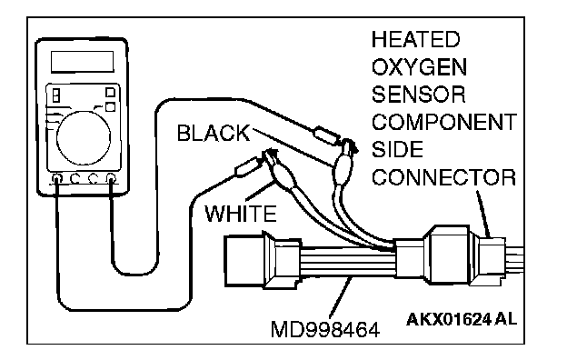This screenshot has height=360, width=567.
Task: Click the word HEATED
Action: click(x=416, y=39)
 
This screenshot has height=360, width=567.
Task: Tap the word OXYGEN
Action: click(x=420, y=67)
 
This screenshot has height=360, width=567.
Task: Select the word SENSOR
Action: click(x=419, y=95)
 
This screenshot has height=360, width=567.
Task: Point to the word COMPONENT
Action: click(x=444, y=122)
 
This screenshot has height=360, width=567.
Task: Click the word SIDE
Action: click(x=397, y=149)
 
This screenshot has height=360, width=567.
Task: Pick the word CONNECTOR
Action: click(x=444, y=177)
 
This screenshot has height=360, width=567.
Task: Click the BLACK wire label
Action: click(x=214, y=133)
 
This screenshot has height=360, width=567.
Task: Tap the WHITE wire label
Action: click(x=241, y=213)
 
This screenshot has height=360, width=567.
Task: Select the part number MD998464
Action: click(x=325, y=330)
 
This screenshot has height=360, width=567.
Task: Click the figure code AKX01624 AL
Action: click(x=462, y=319)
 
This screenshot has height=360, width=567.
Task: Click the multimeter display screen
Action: click(x=83, y=62)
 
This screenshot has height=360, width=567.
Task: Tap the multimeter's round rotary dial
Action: click(x=84, y=138)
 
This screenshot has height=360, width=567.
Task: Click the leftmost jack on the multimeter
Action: click(x=57, y=178)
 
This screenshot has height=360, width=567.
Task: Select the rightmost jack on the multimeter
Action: click(x=111, y=177)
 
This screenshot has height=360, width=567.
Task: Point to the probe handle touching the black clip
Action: click(x=326, y=135)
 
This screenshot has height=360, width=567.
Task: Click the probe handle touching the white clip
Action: click(x=247, y=166)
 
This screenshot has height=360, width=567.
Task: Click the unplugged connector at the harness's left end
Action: click(x=263, y=261)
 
